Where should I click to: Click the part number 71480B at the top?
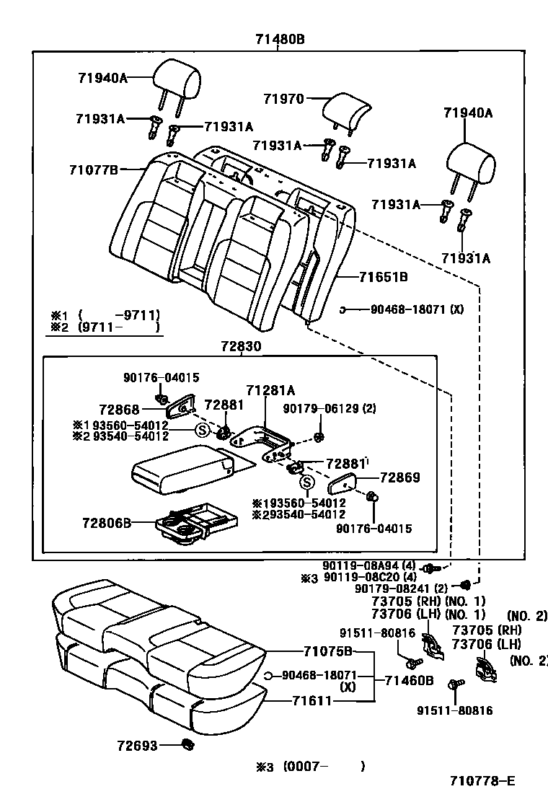pos(278,40)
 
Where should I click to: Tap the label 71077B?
pos(93,170)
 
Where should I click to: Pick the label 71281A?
pos(270,390)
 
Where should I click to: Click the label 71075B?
pos(327,652)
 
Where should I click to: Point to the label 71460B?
pos(408,680)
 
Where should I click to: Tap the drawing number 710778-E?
pos(482,780)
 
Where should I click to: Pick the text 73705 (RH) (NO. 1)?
pos(428,601)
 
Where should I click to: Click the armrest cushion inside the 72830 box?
pos(180,469)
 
